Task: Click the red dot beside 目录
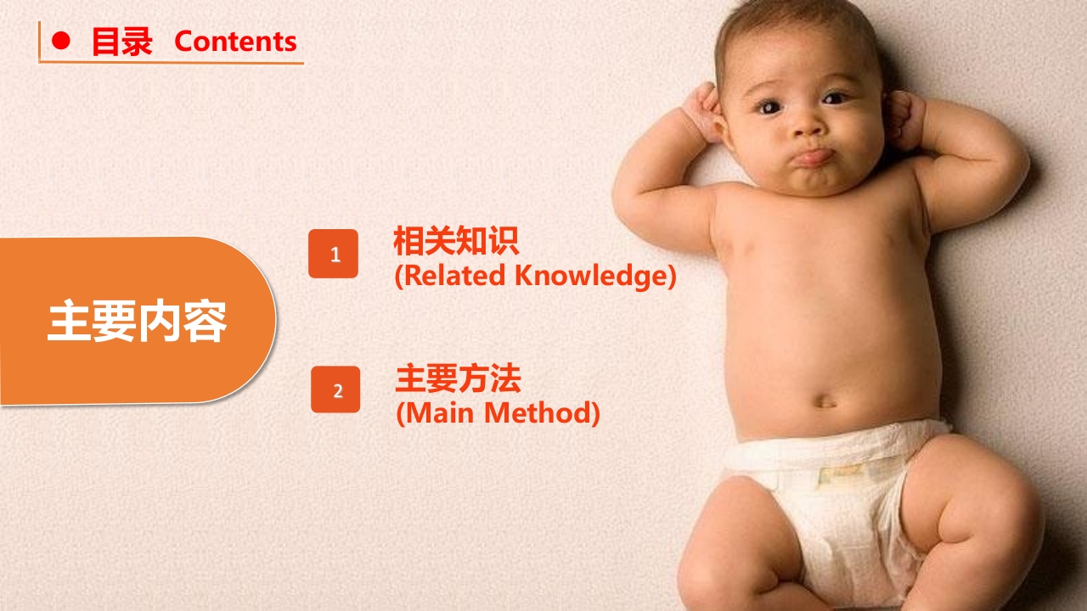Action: (x=61, y=41)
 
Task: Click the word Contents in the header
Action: (x=235, y=42)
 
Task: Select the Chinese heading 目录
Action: (x=121, y=42)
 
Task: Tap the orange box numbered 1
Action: (x=334, y=254)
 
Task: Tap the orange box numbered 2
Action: (x=335, y=390)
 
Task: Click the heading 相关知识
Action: (x=455, y=242)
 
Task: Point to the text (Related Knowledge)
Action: (x=535, y=276)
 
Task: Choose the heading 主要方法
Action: (x=458, y=378)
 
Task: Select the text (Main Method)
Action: (x=498, y=413)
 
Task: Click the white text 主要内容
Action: (x=137, y=321)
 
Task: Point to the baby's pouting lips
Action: (x=814, y=157)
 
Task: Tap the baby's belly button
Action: (x=825, y=399)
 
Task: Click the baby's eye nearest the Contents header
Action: (x=770, y=106)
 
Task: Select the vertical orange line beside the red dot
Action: (x=39, y=41)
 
